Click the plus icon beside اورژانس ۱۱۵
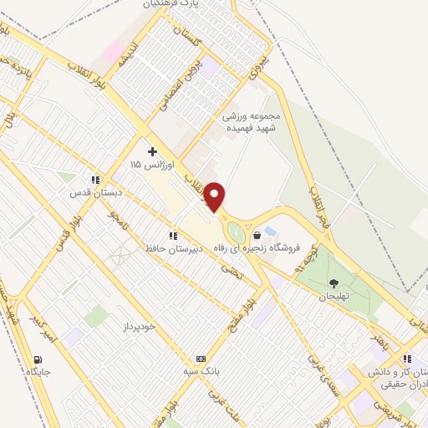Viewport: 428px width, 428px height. pyautogui.click(x=151, y=151)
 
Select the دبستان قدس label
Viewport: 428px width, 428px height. pyautogui.click(x=96, y=192)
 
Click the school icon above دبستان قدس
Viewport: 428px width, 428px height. pyautogui.click(x=96, y=179)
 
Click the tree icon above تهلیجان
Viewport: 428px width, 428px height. pyautogui.click(x=335, y=283)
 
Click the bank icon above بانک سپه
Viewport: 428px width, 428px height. pyautogui.click(x=200, y=356)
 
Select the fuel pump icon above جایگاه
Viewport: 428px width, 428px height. pyautogui.click(x=38, y=356)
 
